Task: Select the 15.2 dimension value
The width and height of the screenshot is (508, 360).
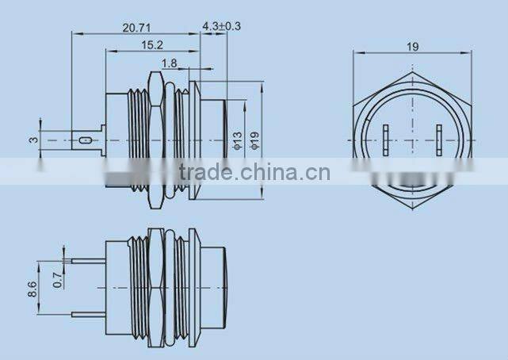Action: click(x=154, y=45)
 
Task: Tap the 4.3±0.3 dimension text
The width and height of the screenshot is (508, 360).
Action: click(x=222, y=27)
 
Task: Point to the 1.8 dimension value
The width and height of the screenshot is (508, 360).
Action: click(x=169, y=63)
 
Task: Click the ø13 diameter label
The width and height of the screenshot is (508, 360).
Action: click(x=237, y=140)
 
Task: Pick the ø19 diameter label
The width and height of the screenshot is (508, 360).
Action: click(x=255, y=140)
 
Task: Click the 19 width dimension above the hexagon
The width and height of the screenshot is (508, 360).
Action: click(x=412, y=47)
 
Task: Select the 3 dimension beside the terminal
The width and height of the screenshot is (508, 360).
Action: click(x=32, y=140)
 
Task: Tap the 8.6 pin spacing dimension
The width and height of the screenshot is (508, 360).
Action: click(x=32, y=288)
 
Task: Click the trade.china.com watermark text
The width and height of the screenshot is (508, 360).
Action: click(x=254, y=172)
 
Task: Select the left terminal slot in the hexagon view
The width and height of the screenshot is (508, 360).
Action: click(x=385, y=140)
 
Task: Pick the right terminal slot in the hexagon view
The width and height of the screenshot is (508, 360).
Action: click(x=438, y=140)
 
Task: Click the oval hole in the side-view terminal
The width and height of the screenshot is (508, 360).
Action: click(x=84, y=141)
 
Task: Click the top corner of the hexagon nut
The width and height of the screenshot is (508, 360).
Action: click(x=412, y=74)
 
